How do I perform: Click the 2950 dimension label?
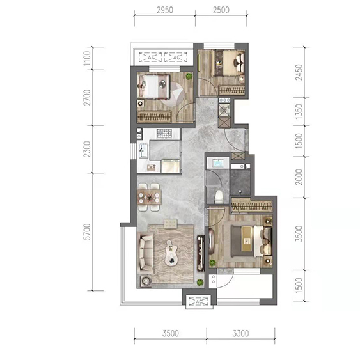tap(165, 10)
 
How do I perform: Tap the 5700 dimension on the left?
tap(87, 231)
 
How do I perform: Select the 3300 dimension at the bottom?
tap(240, 333)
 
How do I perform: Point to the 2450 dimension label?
tap(299, 72)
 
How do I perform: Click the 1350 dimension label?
tap(299, 112)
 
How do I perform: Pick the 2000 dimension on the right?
tap(299, 176)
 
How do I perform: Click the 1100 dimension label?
tap(87, 58)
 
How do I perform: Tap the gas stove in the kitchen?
tap(164, 134)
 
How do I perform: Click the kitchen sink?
tap(143, 151)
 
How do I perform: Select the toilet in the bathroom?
tap(219, 197)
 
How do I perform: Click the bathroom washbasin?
tap(217, 163)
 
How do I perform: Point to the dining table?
tap(150, 197)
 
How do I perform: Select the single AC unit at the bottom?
tap(198, 301)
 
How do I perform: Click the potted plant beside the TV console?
tap(200, 282)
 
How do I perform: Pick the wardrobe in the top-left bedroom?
tap(154, 117)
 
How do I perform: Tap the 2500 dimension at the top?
tap(221, 10)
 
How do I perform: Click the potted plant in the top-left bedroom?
tap(189, 76)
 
